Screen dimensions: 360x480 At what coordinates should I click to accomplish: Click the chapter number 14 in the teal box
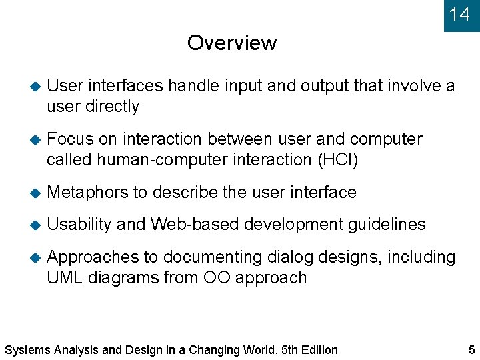click(459, 14)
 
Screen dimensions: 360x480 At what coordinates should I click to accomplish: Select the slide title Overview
click(231, 43)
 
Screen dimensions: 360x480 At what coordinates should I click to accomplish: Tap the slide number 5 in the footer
click(472, 349)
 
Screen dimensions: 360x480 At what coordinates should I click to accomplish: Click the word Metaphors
click(88, 192)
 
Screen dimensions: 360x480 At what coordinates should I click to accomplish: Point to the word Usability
click(79, 225)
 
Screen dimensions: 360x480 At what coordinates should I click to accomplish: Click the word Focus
click(71, 139)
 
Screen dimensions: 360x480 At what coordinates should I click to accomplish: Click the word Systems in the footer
click(25, 349)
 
